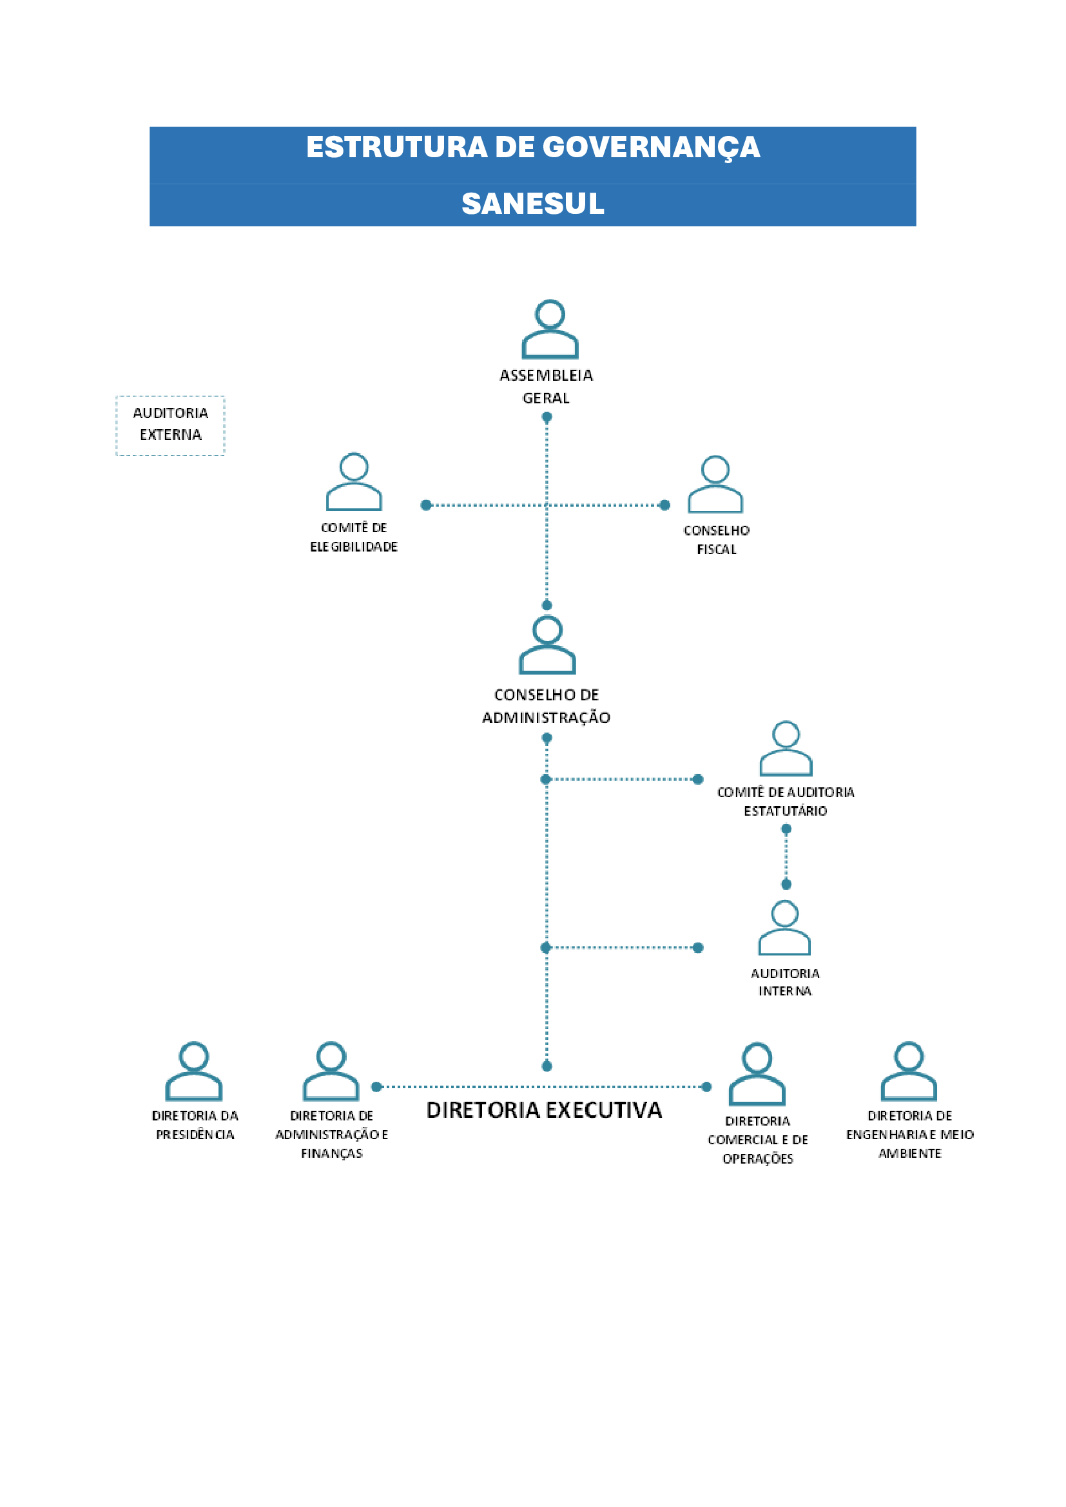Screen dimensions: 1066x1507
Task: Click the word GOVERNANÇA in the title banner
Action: click(651, 148)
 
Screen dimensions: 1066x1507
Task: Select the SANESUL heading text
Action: click(533, 204)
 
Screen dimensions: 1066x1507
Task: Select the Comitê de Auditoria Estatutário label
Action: click(786, 801)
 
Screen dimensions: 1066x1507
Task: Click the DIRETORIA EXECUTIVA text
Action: click(544, 1110)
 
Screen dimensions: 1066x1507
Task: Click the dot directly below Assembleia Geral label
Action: click(547, 417)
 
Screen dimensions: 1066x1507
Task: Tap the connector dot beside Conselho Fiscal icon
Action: click(665, 504)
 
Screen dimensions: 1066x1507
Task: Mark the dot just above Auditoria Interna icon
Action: click(786, 884)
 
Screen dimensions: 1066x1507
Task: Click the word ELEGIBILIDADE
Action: click(354, 547)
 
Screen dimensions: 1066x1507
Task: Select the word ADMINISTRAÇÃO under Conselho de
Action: click(546, 717)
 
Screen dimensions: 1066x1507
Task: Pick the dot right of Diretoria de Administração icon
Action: click(377, 1087)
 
